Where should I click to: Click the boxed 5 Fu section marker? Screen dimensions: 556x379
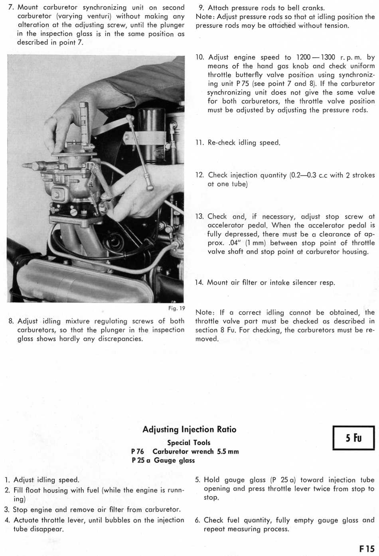(x=353, y=438)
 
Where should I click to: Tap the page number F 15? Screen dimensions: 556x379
(x=366, y=549)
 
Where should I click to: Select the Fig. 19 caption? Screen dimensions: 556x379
(x=176, y=308)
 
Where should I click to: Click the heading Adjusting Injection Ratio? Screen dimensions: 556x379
(x=189, y=429)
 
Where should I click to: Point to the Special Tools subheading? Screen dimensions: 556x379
(x=189, y=442)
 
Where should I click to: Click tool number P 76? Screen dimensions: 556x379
(x=137, y=452)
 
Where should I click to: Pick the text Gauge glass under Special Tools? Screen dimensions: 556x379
(x=174, y=460)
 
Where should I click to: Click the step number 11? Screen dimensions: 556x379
(x=199, y=143)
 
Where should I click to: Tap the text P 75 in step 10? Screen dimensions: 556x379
(x=243, y=84)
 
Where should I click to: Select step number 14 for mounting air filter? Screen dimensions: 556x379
(x=199, y=283)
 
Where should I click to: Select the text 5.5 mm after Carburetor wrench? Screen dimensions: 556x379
(x=228, y=452)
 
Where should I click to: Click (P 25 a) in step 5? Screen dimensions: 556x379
(x=283, y=480)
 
